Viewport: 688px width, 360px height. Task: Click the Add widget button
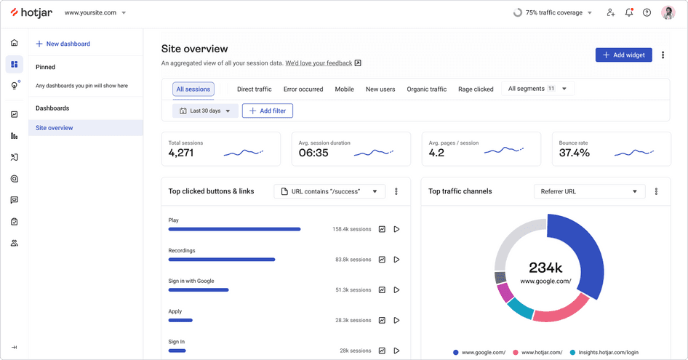pyautogui.click(x=623, y=55)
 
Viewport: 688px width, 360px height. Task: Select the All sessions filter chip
pyautogui.click(x=193, y=89)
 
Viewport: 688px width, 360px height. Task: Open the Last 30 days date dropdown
pyautogui.click(x=204, y=111)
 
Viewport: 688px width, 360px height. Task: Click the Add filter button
pyautogui.click(x=268, y=111)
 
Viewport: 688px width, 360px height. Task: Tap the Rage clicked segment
pyautogui.click(x=476, y=89)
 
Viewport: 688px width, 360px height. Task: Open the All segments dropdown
pyautogui.click(x=537, y=89)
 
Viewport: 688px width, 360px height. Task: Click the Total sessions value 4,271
pyautogui.click(x=181, y=153)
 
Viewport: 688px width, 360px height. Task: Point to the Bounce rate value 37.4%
pyautogui.click(x=574, y=153)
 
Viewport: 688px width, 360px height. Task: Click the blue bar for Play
pyautogui.click(x=234, y=229)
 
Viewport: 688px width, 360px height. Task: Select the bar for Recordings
pyautogui.click(x=222, y=260)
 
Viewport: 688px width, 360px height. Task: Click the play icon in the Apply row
pyautogui.click(x=396, y=320)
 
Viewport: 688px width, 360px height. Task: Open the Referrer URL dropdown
pyautogui.click(x=589, y=191)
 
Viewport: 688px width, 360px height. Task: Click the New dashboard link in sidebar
pyautogui.click(x=63, y=44)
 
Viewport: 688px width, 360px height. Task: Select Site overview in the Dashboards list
pyautogui.click(x=55, y=128)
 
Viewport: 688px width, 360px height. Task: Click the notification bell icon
pyautogui.click(x=629, y=12)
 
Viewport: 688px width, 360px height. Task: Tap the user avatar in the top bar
pyautogui.click(x=668, y=12)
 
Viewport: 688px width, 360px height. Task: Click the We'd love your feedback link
pyautogui.click(x=319, y=63)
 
